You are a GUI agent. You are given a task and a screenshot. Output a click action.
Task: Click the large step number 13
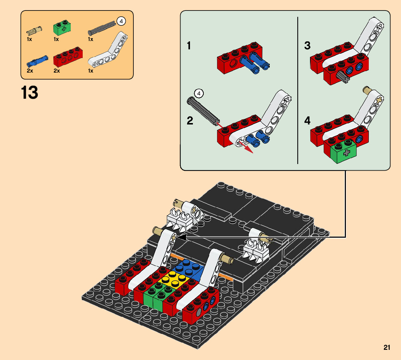point(29,93)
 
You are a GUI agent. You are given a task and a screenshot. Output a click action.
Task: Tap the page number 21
point(386,347)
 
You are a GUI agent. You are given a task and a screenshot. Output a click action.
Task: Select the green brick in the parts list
point(62,28)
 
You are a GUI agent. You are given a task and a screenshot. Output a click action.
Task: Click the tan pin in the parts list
point(34,30)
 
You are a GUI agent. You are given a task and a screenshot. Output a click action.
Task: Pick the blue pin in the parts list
point(37,61)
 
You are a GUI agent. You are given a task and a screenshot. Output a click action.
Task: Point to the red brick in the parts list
point(68,57)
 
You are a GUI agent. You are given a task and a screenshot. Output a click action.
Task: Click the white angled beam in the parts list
point(108,50)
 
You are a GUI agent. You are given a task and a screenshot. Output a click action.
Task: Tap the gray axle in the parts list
point(102,28)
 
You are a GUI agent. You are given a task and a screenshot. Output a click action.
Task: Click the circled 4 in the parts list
point(121,21)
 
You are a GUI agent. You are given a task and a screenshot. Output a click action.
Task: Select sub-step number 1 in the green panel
point(189,46)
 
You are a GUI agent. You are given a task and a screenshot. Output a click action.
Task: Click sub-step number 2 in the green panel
point(190,120)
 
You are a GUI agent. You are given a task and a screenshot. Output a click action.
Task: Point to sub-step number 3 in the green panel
point(307,46)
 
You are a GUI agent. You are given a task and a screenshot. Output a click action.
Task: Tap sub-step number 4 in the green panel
point(307,120)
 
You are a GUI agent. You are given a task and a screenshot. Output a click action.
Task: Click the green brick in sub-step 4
point(343,151)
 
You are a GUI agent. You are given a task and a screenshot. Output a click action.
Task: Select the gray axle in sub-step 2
point(203,111)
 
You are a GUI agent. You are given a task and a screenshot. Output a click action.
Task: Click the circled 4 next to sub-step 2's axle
point(199,94)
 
